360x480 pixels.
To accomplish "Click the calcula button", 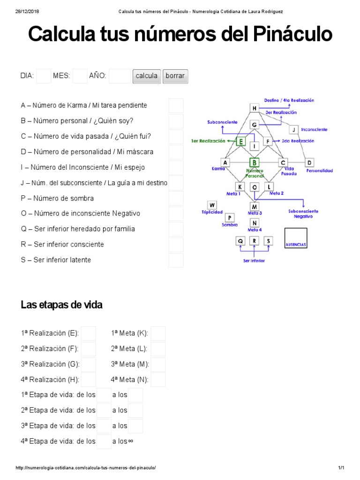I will [x=147, y=76].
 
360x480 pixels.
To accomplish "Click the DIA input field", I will [x=44, y=76].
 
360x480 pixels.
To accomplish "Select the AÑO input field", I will [x=120, y=76].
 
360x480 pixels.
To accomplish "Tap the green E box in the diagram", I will [x=241, y=141].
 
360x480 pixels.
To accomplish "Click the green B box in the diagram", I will [x=254, y=163].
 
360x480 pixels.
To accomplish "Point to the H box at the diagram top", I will [x=254, y=108].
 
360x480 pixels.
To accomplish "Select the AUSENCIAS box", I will [x=296, y=238].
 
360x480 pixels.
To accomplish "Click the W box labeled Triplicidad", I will [x=212, y=205].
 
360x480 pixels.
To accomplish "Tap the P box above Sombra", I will [x=230, y=217].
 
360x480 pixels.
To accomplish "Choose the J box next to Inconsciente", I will [x=293, y=129].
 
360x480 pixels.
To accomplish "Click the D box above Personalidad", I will [x=309, y=163].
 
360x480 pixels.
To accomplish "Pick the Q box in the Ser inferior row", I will [x=240, y=241].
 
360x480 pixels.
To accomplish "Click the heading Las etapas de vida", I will [x=61, y=305].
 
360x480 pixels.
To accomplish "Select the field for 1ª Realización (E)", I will [x=89, y=334].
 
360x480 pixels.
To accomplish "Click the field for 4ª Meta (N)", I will [x=158, y=380].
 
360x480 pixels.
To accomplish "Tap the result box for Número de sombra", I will [x=176, y=198].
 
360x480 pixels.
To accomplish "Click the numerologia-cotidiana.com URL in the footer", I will [x=85, y=468].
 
